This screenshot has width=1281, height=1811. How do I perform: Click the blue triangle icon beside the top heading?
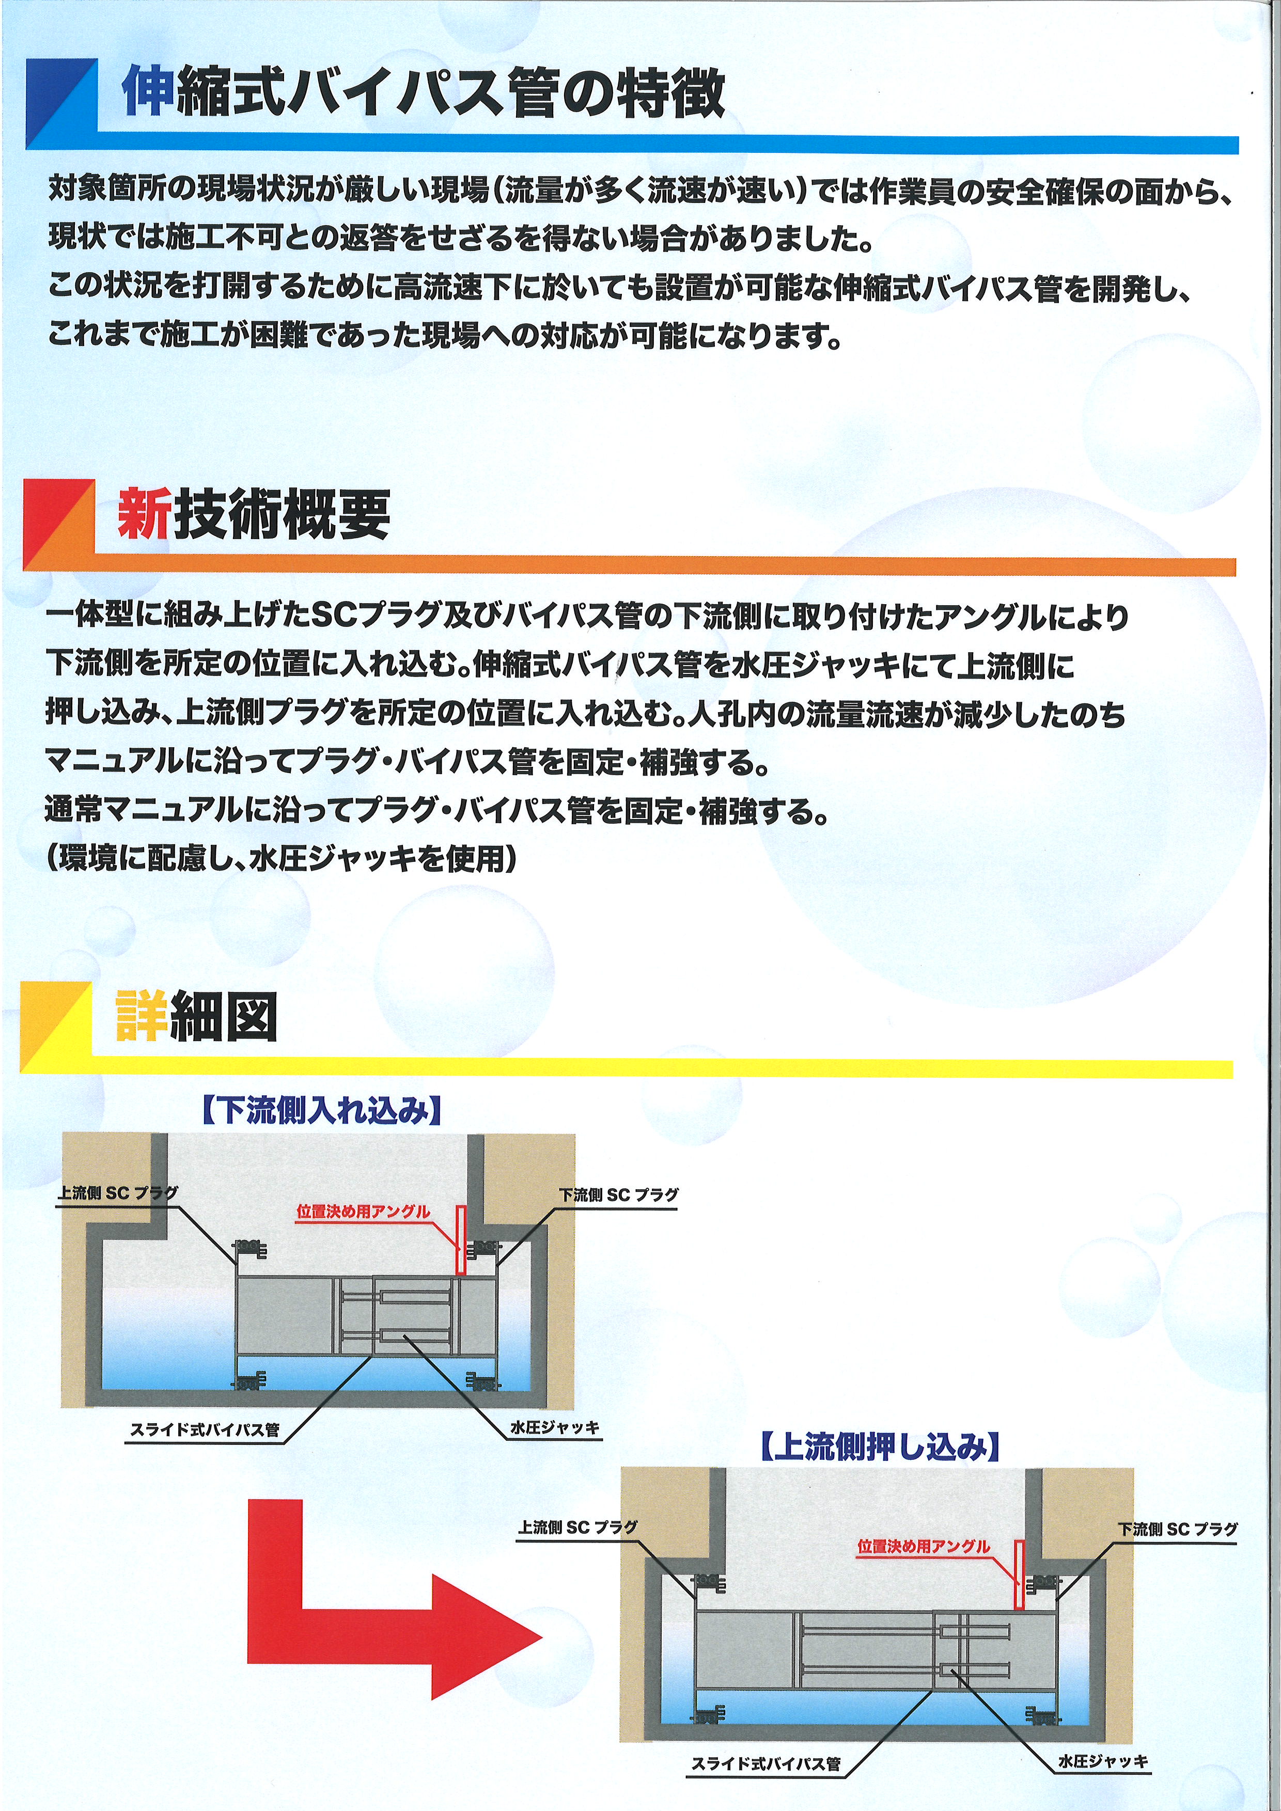pyautogui.click(x=61, y=103)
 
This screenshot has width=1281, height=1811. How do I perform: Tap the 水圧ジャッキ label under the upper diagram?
pyautogui.click(x=555, y=1428)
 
